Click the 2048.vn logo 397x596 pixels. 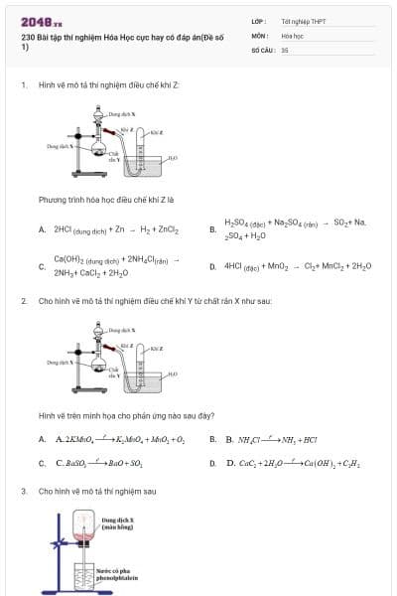[x=41, y=22]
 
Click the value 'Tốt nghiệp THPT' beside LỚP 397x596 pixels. [x=303, y=21]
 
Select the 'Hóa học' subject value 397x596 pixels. [x=292, y=35]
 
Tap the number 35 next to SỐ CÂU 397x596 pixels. [x=285, y=49]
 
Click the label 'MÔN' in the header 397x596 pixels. [x=259, y=35]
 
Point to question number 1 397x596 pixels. [x=23, y=85]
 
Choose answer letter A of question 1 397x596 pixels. [x=43, y=229]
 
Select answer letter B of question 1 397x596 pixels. [x=212, y=229]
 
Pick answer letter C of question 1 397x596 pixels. [x=42, y=266]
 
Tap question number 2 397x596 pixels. [x=23, y=300]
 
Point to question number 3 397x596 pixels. [x=23, y=491]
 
